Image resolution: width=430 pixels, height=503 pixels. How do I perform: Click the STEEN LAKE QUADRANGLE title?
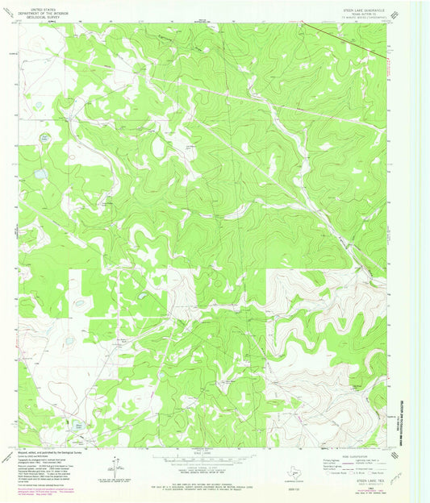365,10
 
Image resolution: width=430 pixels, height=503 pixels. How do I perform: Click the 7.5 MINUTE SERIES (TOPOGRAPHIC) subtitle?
365,19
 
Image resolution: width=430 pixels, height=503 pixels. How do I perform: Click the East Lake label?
45,136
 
